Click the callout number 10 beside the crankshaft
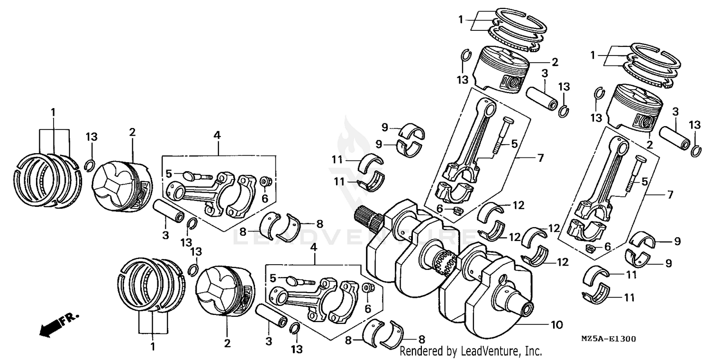556,325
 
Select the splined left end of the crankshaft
369,218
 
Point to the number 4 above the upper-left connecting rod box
217,135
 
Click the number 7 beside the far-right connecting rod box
669,194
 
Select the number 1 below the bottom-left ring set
153,347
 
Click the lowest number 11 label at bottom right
629,298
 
